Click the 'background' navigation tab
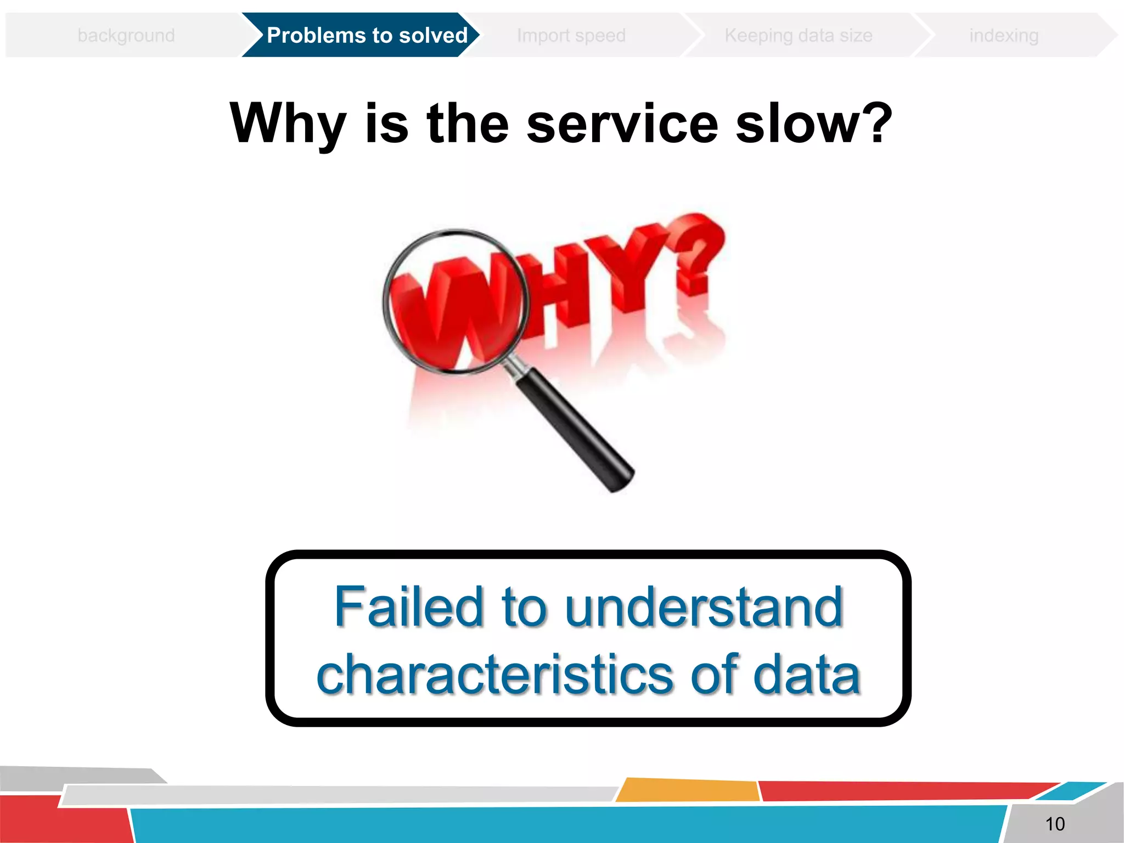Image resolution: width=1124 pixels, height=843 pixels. (126, 36)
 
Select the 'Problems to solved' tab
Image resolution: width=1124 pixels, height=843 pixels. (367, 36)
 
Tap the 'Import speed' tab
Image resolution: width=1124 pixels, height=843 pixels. (571, 36)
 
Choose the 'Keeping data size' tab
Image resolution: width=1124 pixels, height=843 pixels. (799, 36)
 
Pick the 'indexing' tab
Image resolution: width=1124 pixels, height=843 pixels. (1004, 36)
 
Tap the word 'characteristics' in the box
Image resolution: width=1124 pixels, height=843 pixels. (494, 675)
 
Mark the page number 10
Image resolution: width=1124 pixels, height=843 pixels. (1055, 824)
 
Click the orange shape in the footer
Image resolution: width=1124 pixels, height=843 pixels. (689, 790)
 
